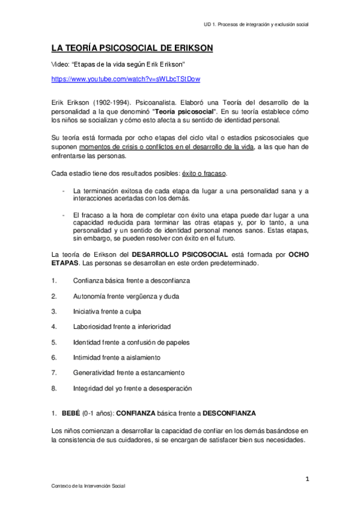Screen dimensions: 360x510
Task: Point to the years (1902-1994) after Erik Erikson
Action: click(111, 103)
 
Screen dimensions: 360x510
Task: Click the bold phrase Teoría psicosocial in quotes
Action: click(185, 112)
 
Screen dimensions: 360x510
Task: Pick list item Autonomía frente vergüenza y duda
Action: click(126, 296)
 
